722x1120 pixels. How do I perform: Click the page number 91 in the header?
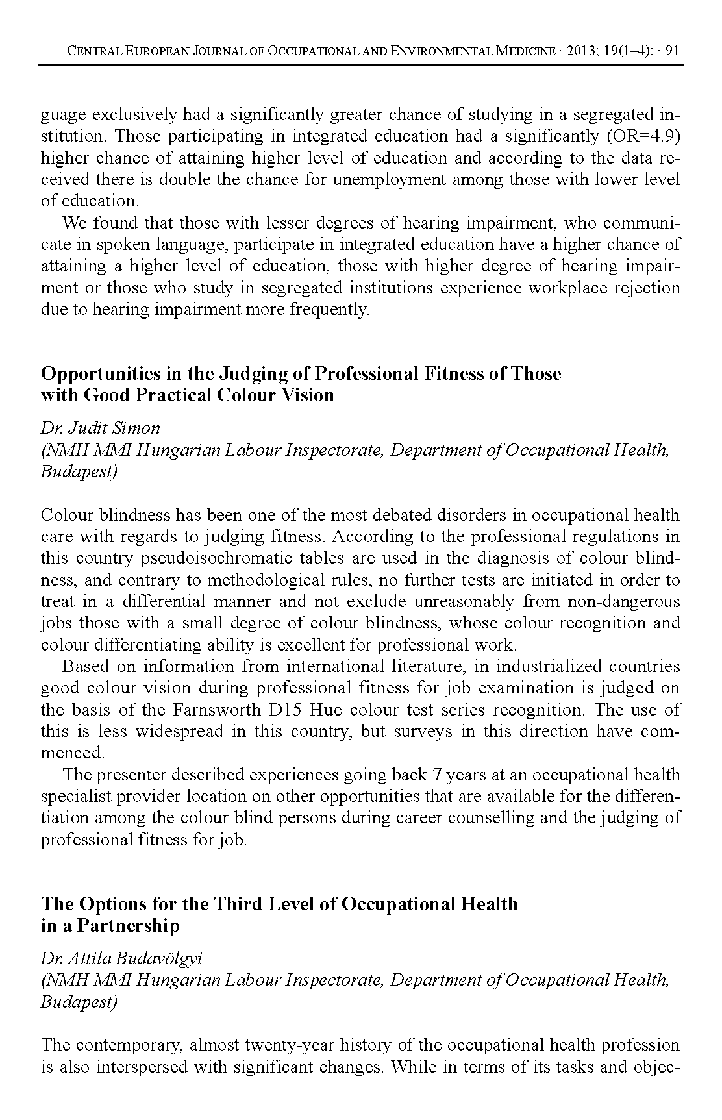(673, 51)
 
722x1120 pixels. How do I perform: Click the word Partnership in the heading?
(128, 925)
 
